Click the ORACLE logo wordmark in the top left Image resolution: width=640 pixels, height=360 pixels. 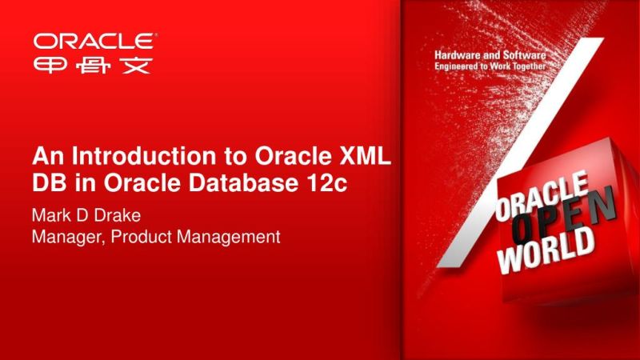(94, 40)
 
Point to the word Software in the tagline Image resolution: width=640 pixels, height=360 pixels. (523, 54)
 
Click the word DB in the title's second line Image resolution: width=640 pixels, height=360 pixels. (46, 182)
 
